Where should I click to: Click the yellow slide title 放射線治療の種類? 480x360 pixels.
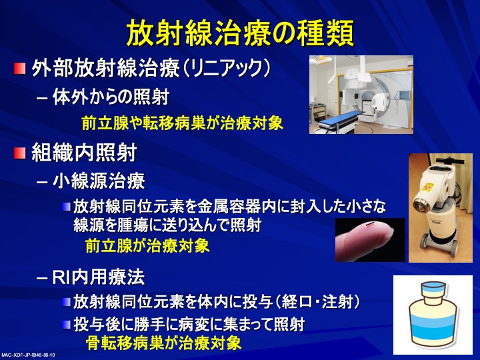240,33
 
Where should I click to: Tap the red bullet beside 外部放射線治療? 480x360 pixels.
19,68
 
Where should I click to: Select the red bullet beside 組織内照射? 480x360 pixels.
19,153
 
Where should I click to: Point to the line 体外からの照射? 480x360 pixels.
111,97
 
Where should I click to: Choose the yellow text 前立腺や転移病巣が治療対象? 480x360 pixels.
183,123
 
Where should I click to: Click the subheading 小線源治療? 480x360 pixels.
99,181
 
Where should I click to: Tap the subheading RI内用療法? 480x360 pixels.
99,277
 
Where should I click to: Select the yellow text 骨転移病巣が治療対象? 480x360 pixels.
163,343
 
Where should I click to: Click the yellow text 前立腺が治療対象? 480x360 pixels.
147,246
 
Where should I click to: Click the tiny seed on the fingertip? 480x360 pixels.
369,224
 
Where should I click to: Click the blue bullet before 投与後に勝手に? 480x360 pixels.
67,325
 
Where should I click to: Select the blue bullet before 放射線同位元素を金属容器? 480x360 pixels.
67,207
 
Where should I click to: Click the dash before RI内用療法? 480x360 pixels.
42,279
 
